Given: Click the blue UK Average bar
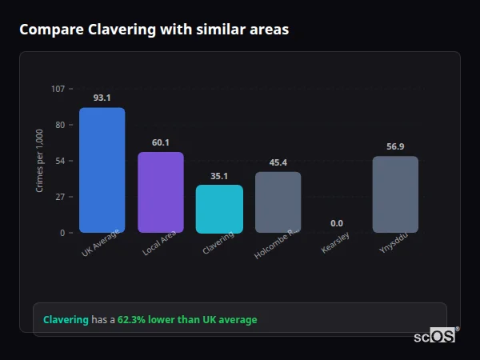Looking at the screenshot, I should click(x=102, y=170).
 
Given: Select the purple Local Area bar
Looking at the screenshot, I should click(x=161, y=192).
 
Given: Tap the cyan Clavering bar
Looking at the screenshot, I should click(x=219, y=209).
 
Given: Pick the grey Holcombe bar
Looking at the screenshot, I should click(x=278, y=202).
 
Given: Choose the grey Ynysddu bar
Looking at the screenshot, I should click(x=395, y=194).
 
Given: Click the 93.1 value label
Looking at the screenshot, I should click(x=102, y=98).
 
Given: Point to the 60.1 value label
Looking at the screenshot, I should click(x=161, y=142).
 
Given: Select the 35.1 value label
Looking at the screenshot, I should click(x=219, y=176).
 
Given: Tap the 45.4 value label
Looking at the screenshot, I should click(x=278, y=162).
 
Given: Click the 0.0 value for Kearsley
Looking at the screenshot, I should click(x=337, y=223).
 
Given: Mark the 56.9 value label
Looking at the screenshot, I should click(x=395, y=146).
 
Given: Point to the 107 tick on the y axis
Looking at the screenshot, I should click(x=58, y=89).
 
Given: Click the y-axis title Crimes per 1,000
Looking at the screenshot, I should click(x=39, y=161).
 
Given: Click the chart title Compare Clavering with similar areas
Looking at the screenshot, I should click(x=154, y=30).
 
